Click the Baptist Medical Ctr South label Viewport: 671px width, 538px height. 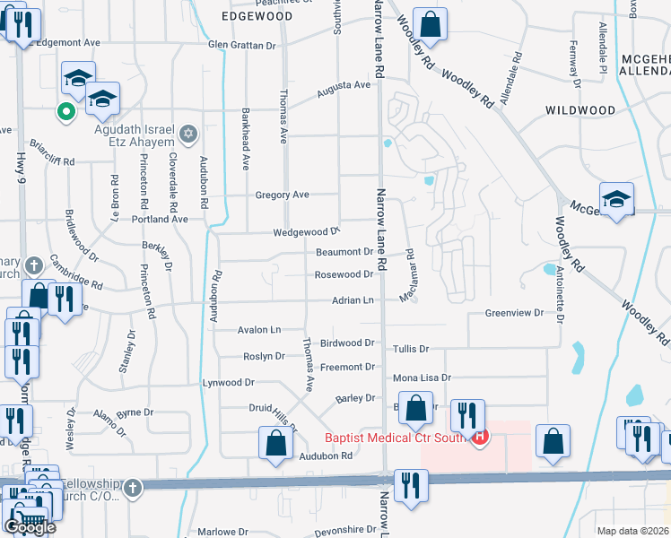click(396, 438)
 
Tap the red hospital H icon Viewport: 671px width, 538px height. click(480, 438)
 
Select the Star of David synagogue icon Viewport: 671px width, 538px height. click(187, 134)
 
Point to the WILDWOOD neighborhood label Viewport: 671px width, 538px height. click(580, 110)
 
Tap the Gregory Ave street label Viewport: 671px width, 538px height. click(282, 195)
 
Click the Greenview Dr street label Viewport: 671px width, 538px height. click(514, 313)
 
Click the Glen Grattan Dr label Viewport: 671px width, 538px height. click(241, 44)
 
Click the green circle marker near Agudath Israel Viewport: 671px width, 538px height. click(65, 112)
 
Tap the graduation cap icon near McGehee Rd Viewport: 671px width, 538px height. click(617, 199)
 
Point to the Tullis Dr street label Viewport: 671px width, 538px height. click(411, 349)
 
